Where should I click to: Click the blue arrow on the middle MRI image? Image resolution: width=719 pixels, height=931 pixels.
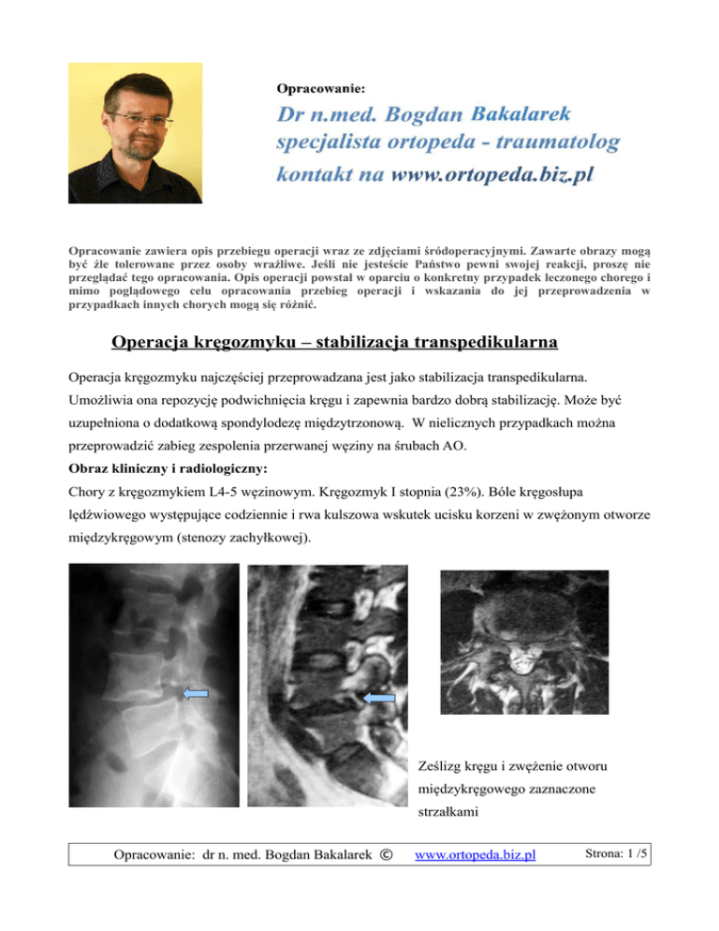click(378, 698)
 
